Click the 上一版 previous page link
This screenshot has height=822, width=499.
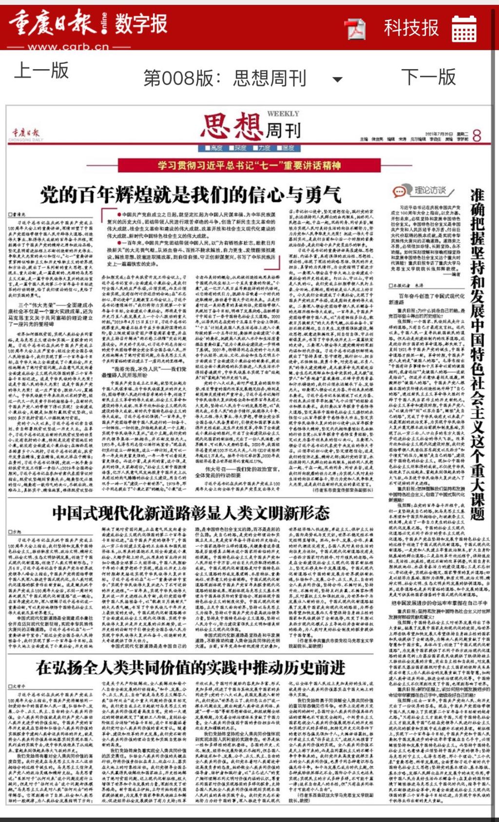(41, 71)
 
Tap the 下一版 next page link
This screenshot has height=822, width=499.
(428, 77)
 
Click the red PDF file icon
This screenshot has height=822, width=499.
(356, 29)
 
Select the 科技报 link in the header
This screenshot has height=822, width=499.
(411, 28)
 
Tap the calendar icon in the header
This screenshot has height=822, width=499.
(464, 29)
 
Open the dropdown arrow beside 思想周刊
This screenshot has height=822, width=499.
(337, 79)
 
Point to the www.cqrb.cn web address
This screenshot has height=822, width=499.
(68, 47)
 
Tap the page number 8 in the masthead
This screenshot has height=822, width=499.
(477, 136)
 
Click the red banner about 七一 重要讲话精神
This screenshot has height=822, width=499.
(249, 166)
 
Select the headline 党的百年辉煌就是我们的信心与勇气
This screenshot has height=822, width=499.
(191, 195)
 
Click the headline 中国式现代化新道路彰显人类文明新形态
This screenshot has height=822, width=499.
(191, 513)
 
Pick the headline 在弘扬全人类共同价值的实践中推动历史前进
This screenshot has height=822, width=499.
(191, 668)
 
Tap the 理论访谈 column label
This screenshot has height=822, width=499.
(430, 190)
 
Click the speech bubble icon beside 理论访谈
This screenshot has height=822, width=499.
(400, 191)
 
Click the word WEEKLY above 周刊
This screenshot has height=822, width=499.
(283, 114)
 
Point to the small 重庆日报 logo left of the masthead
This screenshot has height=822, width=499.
(26, 134)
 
